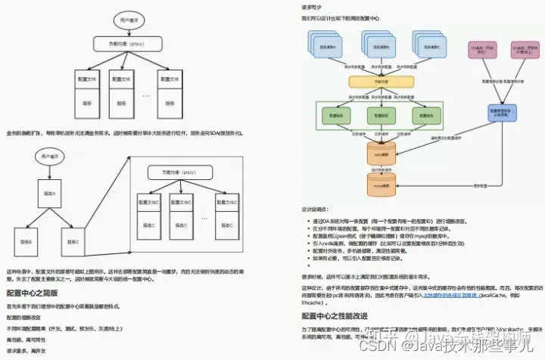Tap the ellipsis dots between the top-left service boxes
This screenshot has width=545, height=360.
point(146,96)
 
